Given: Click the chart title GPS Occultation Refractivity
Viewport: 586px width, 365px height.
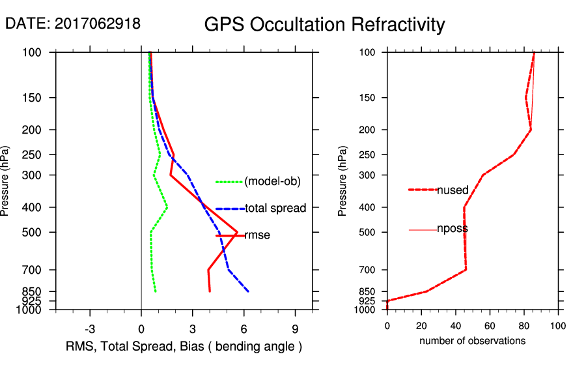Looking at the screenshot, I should click(324, 25).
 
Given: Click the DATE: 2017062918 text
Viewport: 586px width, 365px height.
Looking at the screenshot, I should click(73, 23).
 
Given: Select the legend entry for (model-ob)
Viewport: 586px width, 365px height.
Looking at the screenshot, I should click(272, 181).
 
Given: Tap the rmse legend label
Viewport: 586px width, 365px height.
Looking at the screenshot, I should click(257, 235).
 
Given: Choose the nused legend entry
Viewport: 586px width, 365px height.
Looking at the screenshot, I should click(453, 190).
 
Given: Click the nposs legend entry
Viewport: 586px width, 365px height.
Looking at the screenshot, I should click(453, 229).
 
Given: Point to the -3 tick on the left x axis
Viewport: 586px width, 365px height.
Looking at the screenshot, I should click(90, 328).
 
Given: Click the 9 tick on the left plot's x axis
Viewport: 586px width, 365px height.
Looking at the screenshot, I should click(295, 328).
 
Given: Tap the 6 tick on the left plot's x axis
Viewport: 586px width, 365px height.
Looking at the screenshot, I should click(244, 328).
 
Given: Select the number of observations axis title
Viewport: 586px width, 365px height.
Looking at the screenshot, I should click(472, 340).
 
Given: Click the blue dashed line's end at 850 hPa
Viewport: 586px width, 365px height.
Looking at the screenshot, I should click(248, 291).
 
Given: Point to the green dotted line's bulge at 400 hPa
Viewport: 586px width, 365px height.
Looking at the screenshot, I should click(167, 207).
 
